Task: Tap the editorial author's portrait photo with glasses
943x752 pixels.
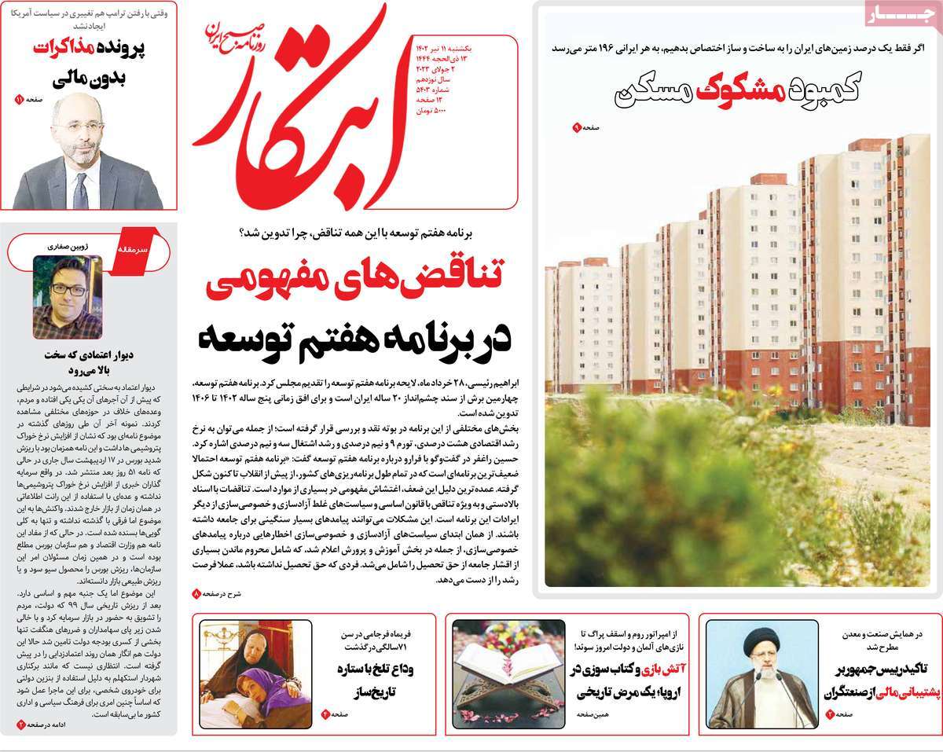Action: point(67,296)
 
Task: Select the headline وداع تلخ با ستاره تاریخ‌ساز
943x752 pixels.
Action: point(375,680)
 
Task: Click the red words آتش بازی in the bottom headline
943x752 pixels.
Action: point(649,669)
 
